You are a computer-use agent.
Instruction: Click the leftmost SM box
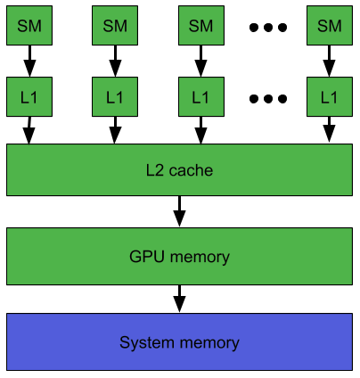tap(29, 26)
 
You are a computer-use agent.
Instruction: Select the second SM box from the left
tap(115, 26)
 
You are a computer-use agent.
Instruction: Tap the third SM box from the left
tap(201, 26)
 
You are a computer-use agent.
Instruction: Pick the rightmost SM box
tap(330, 26)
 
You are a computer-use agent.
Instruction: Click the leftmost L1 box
tap(29, 97)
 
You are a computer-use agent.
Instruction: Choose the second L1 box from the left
tap(115, 97)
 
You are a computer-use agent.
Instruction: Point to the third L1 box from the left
tap(201, 97)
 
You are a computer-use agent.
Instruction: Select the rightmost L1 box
tap(330, 97)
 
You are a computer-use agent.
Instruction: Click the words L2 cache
tap(179, 170)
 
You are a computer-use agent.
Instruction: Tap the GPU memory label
tap(179, 257)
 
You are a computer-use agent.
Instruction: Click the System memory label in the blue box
tap(179, 342)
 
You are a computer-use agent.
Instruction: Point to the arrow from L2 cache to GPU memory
tap(179, 211)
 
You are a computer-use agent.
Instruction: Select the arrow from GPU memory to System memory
tap(179, 299)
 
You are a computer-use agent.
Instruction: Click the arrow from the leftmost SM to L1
tap(29, 61)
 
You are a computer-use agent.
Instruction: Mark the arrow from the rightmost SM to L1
tap(329, 61)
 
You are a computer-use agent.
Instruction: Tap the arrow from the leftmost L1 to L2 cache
tap(29, 130)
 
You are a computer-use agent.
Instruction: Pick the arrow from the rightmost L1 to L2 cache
tap(329, 129)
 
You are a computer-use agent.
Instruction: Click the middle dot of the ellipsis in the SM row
tap(268, 28)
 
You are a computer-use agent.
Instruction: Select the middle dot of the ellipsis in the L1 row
tap(268, 99)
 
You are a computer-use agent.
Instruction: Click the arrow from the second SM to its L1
tap(115, 61)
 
